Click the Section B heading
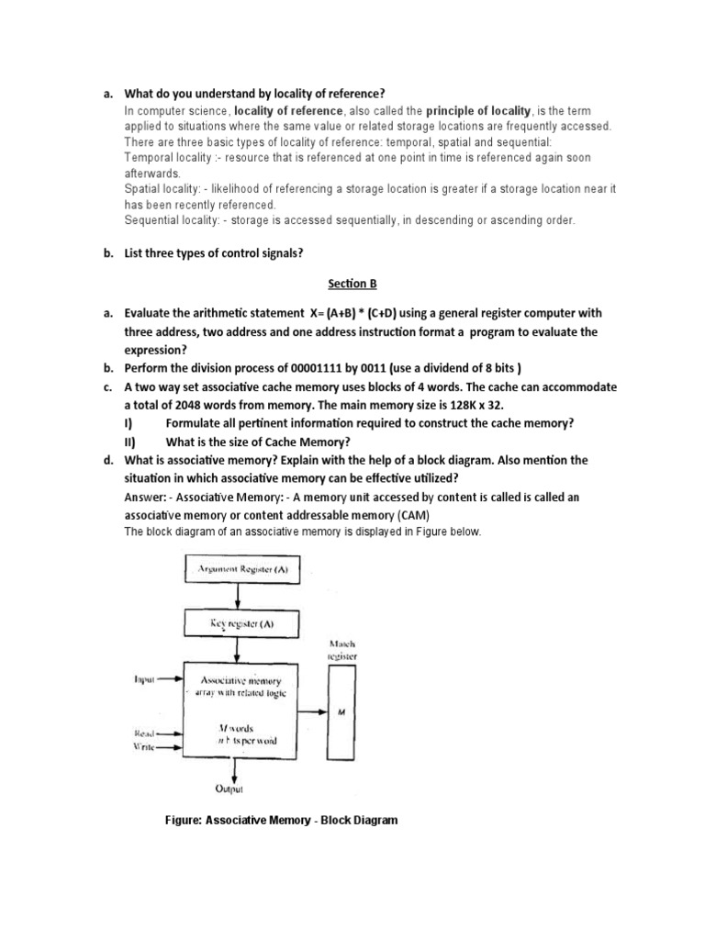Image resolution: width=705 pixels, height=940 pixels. click(x=352, y=284)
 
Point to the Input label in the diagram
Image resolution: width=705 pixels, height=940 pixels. click(x=145, y=679)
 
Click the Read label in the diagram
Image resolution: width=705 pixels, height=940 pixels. click(x=143, y=733)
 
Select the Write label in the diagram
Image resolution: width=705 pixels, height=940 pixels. click(x=143, y=747)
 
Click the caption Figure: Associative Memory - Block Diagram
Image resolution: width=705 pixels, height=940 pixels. click(x=281, y=820)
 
